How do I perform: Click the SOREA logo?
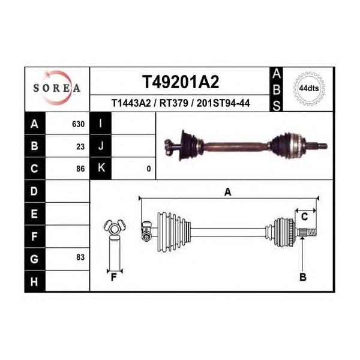[57, 88]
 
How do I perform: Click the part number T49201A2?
[181, 82]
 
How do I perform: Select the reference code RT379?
[174, 103]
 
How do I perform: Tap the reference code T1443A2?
[131, 103]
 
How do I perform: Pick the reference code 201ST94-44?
[223, 103]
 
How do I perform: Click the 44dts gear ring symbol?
[309, 88]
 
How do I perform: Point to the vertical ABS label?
[277, 90]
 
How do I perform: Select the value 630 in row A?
[78, 124]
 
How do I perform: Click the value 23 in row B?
[80, 146]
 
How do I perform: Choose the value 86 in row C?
[80, 169]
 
